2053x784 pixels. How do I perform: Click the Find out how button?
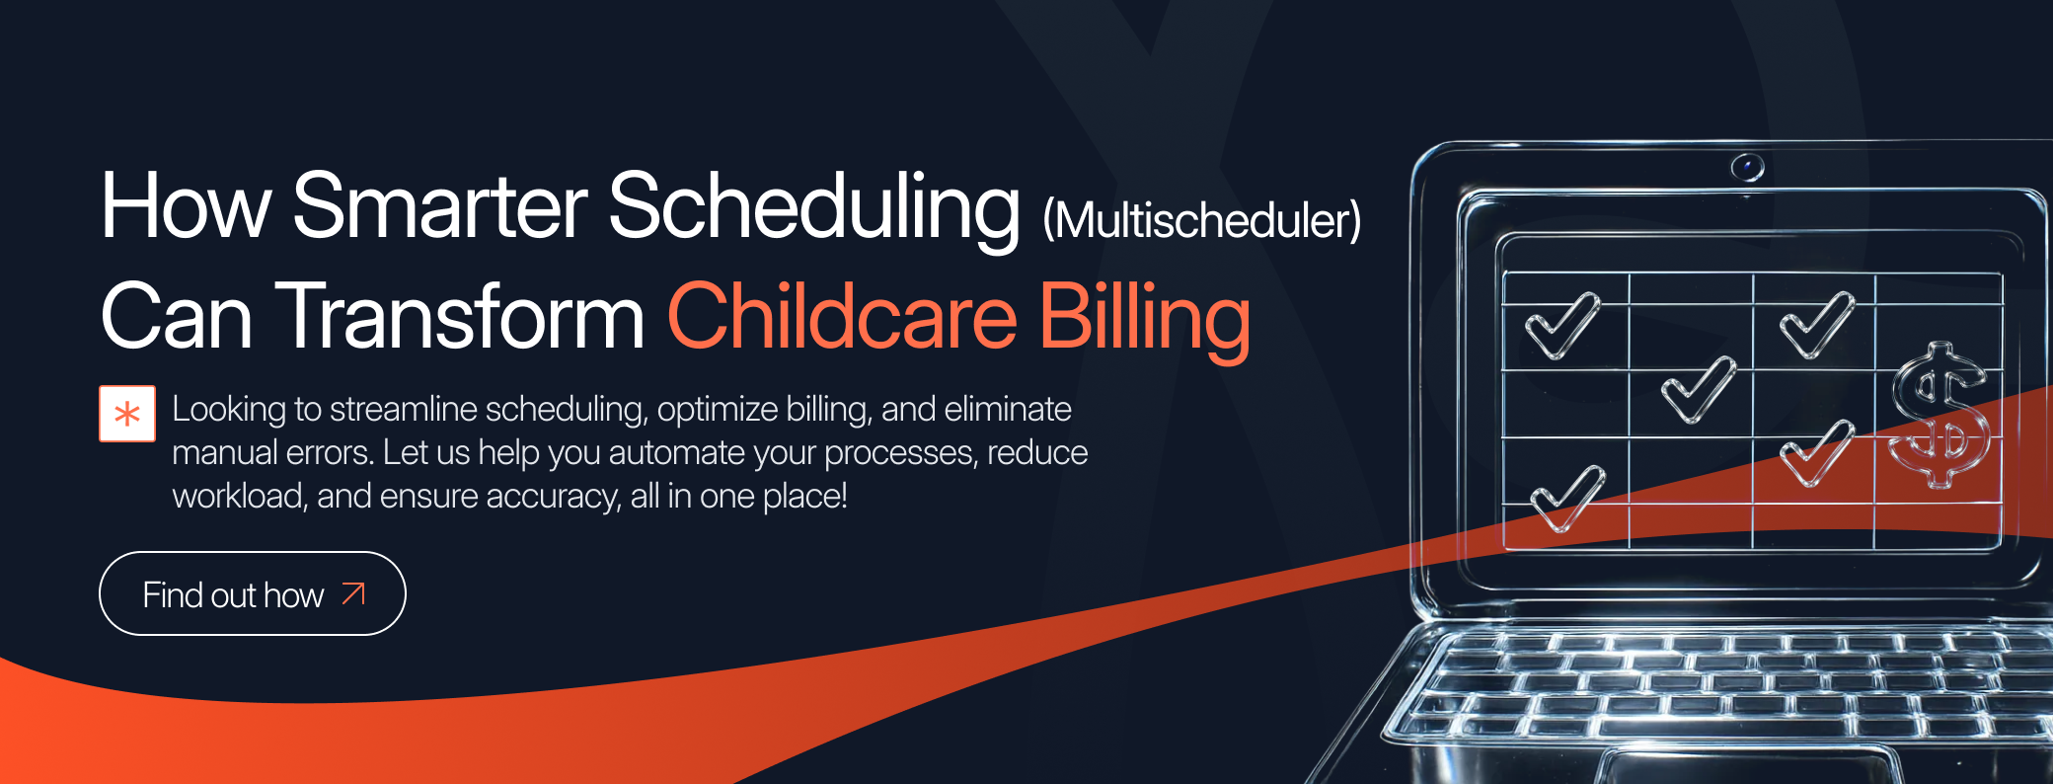[x=253, y=593]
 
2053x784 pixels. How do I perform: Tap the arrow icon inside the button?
[x=353, y=593]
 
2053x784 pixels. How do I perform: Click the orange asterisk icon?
[x=127, y=414]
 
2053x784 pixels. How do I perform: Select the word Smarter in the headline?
[x=440, y=206]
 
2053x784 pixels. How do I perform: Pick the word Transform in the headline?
[x=460, y=317]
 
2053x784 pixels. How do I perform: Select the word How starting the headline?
[x=186, y=206]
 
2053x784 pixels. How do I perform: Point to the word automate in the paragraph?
[x=676, y=452]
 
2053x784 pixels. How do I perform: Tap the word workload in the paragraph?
[x=240, y=496]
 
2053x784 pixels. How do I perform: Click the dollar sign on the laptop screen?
[x=1940, y=415]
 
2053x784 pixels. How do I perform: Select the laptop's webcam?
[x=1747, y=167]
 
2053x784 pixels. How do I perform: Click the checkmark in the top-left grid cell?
[x=1561, y=327]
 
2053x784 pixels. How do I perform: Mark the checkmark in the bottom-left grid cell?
[x=1567, y=499]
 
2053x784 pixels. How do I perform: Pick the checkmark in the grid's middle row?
[x=1698, y=389]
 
